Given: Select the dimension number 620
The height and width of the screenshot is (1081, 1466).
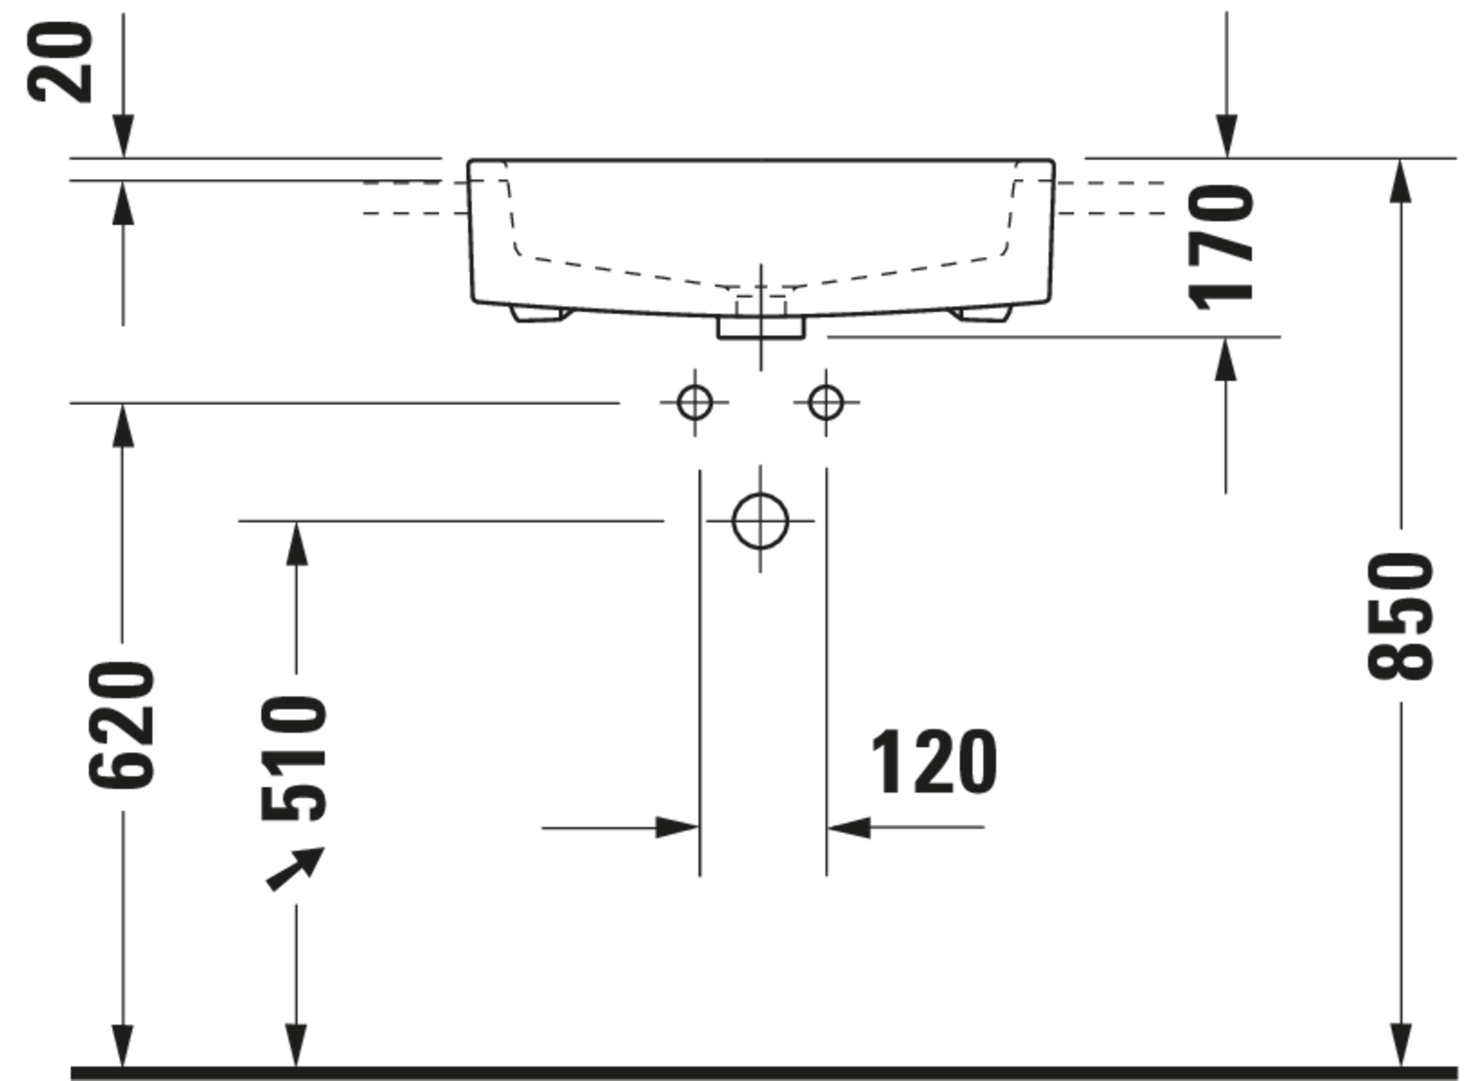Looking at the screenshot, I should point(122,725).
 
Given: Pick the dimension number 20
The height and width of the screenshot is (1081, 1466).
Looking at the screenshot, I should point(60,62).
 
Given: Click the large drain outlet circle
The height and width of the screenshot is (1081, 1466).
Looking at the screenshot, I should point(760,521).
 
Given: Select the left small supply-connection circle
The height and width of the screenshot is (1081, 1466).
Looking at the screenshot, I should point(694,403).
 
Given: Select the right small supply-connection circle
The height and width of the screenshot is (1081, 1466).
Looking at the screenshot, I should point(825,403).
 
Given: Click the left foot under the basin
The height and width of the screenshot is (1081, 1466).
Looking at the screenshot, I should point(540,314).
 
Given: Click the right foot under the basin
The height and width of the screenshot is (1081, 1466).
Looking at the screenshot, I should point(982,314).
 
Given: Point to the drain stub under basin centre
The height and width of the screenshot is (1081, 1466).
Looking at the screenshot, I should point(760,327).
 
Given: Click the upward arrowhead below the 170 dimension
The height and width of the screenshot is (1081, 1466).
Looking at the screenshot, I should point(1225,360).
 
